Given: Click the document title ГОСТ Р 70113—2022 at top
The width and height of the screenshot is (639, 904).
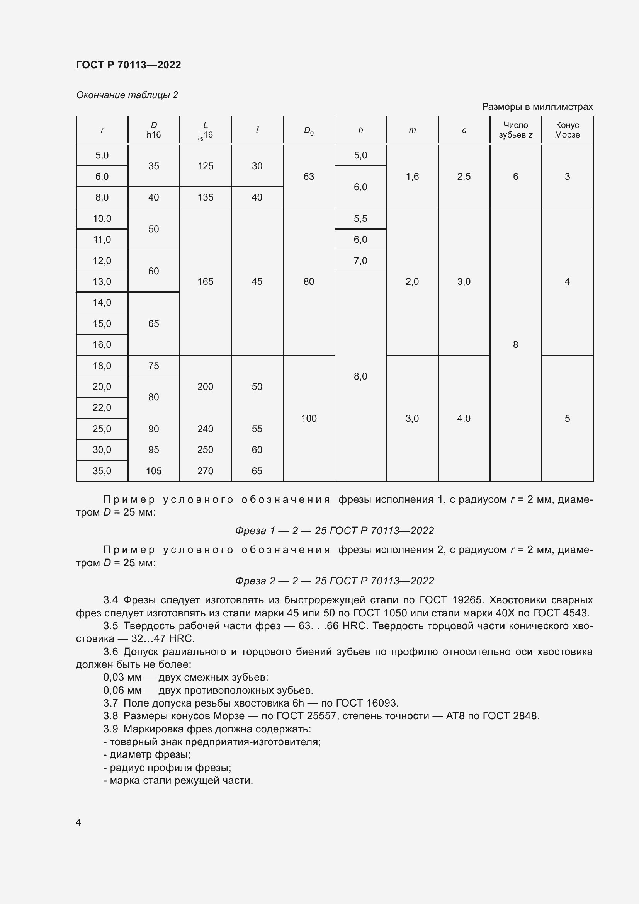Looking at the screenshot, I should coord(128,65).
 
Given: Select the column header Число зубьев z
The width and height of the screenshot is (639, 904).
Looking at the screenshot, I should coord(515,130).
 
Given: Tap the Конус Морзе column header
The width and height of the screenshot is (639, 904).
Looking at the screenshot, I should coord(567,130).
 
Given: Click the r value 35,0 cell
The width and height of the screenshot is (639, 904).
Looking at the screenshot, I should coord(102,471).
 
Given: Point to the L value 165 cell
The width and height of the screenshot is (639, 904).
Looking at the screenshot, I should coord(206,281).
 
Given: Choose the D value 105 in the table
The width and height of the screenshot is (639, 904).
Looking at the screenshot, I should coord(153,471).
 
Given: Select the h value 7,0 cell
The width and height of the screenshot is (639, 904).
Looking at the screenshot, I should coord(360,260).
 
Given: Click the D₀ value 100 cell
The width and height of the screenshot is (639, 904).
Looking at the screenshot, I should coord(308,418).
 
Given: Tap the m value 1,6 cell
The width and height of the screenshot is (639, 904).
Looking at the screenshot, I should coord(412,176).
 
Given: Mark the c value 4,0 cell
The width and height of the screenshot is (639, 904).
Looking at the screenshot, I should coord(464,418).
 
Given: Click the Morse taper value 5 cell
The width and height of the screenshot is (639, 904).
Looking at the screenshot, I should coord(567,418).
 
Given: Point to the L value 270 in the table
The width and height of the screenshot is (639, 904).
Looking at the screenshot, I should coord(206,471).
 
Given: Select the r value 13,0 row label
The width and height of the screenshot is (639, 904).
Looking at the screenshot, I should coord(102,281).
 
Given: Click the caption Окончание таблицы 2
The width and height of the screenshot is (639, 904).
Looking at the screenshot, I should coord(127,95).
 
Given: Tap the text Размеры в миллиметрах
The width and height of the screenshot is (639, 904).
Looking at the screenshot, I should coord(537,107).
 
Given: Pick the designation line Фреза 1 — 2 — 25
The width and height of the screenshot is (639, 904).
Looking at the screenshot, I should coord(335,531).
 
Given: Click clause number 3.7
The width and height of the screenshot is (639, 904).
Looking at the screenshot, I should coord(110,703).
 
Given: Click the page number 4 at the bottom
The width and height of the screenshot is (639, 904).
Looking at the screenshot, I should coord(79,822).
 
